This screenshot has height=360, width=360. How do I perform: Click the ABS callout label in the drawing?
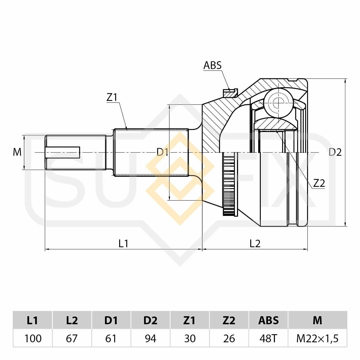tap(212, 65)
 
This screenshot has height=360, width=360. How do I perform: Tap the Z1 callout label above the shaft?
tap(112, 97)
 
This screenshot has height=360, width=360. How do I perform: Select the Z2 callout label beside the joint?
tap(319, 183)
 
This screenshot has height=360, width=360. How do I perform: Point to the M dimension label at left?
tap(17, 152)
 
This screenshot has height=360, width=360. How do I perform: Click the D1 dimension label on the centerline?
tap(162, 152)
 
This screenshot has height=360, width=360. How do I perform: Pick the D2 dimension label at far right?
tap(335, 152)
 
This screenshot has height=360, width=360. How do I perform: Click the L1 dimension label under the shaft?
tap(123, 244)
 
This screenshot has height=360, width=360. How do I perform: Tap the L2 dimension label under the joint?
tap(255, 244)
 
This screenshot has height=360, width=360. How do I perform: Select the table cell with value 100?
tap(33, 338)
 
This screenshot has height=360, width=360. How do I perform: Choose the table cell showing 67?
tap(72, 338)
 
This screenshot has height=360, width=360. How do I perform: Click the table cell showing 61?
tap(111, 338)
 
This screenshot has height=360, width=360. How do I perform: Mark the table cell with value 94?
tap(150, 338)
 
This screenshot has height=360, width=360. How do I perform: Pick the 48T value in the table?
tap(268, 338)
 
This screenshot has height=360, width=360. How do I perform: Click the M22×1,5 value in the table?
tap(317, 338)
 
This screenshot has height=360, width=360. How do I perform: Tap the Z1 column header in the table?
tap(190, 320)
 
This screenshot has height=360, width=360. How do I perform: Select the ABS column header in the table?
tap(268, 320)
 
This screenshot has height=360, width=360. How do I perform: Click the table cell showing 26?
tap(229, 338)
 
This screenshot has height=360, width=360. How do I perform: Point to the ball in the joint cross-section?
tap(278, 103)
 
